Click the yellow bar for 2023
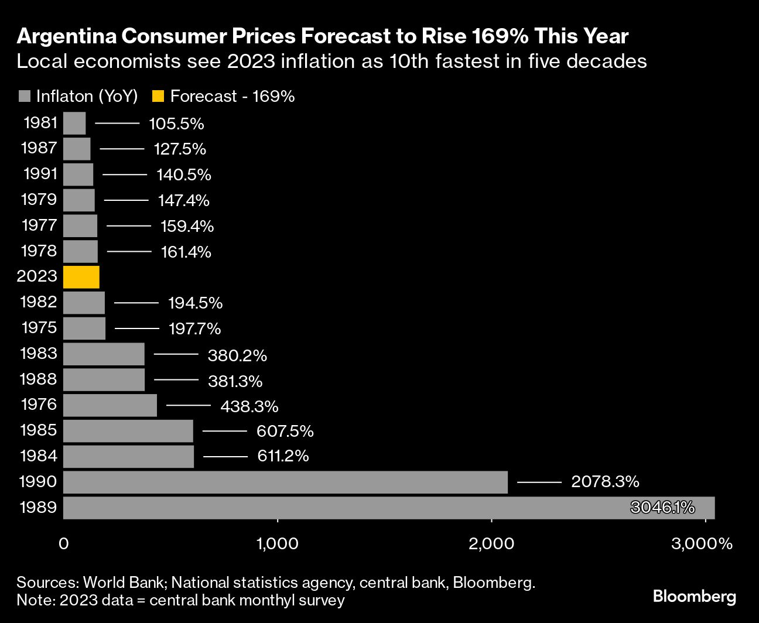pos(81,276)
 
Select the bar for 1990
pos(285,482)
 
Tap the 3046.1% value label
pos(662,507)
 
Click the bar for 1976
pos(110,405)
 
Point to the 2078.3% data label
pos(605,482)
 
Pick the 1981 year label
pos(40,123)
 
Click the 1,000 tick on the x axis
pos(277,544)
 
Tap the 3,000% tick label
pos(702,544)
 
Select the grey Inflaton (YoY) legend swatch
pos(25,97)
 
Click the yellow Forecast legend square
pos(158,97)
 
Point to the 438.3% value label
pos(249,406)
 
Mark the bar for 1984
pos(128,457)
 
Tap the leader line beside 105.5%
pos(117,124)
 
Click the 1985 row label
pos(39,430)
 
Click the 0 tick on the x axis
pos(64,544)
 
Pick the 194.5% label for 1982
pos(195,303)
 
